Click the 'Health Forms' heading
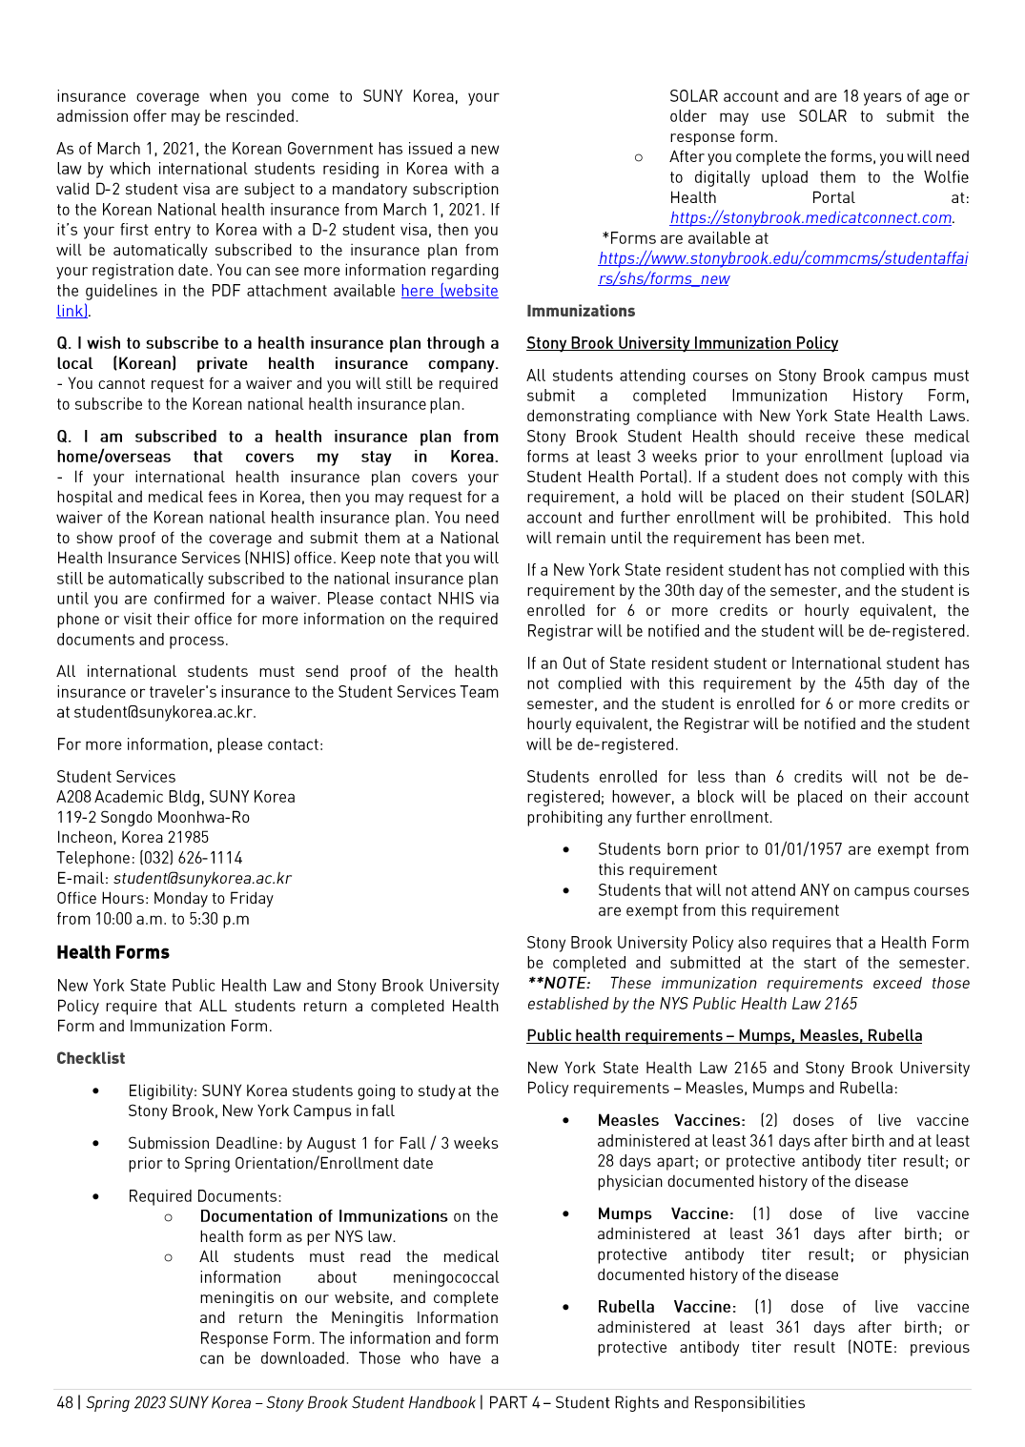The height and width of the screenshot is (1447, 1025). click(x=113, y=952)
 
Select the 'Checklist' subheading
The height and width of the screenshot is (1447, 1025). click(x=91, y=1058)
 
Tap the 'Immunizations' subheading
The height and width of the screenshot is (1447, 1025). click(x=581, y=311)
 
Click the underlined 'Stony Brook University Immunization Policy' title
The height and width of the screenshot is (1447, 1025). click(x=682, y=343)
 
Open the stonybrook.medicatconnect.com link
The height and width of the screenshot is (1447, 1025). click(x=810, y=218)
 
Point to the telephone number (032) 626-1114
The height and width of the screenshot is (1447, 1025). click(x=191, y=858)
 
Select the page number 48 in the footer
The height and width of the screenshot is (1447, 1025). click(x=65, y=1403)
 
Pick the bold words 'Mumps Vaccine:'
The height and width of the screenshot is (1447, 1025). click(x=666, y=1214)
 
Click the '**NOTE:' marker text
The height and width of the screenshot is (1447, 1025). click(x=559, y=984)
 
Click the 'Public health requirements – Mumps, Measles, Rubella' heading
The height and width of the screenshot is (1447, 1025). click(x=724, y=1036)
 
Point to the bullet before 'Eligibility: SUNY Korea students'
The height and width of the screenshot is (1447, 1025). click(x=95, y=1090)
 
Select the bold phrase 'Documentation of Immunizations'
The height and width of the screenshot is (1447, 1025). click(x=323, y=1216)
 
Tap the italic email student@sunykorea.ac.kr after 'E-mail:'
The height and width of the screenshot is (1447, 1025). click(x=202, y=879)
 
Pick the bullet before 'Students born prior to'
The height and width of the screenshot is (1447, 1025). click(x=566, y=849)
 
